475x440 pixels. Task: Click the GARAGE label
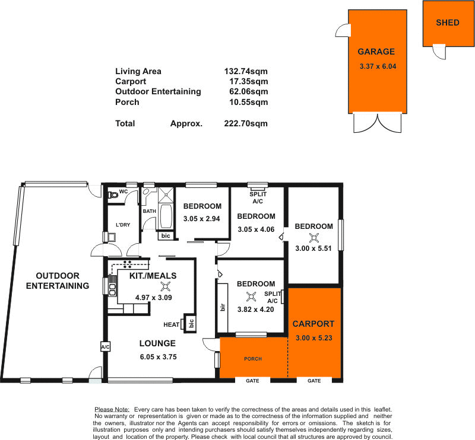coord(376,52)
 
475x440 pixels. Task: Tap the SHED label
coord(448,23)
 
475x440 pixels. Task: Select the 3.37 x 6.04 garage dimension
coord(378,66)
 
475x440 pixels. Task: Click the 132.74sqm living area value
coord(243,71)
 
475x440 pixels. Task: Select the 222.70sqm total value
coord(243,124)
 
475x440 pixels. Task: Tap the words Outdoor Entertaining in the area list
coord(158,91)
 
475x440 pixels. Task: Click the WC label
coord(123,192)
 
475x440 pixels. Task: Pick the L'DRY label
coord(123,225)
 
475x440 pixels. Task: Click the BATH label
coord(149,211)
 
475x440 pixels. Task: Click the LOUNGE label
coord(157,343)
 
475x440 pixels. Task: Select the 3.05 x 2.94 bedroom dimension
coord(202,219)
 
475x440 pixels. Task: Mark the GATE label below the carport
coord(315,381)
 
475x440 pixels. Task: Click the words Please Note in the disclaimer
coord(112,410)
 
